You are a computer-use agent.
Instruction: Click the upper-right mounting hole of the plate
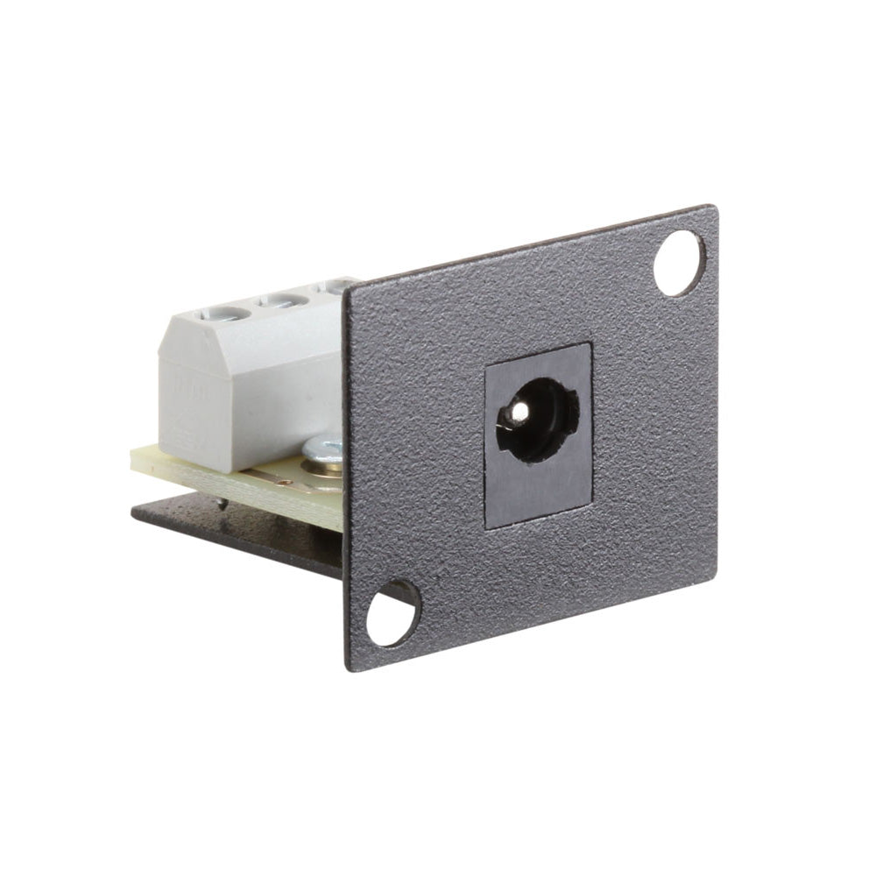pos(679,263)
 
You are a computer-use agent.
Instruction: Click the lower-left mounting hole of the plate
pos(392,613)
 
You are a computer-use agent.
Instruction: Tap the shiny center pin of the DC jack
pos(519,409)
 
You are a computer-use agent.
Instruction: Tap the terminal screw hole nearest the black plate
pos(339,286)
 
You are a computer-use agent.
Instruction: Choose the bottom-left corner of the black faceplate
pos(350,668)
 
